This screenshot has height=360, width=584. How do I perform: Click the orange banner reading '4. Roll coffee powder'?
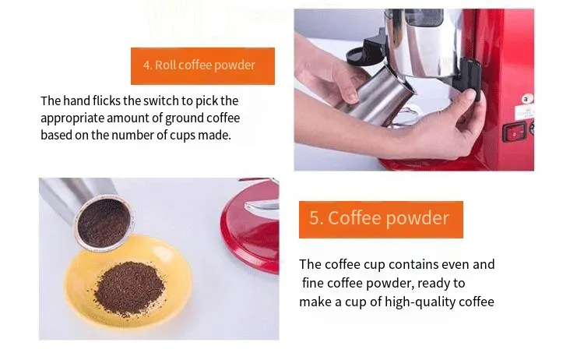[202, 66]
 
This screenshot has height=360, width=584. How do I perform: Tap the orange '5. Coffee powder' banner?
[381, 220]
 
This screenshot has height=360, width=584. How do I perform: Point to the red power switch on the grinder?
[514, 132]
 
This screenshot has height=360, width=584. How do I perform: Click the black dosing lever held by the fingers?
[469, 76]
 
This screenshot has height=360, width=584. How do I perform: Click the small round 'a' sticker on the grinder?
[526, 99]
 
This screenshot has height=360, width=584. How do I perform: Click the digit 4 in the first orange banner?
[146, 65]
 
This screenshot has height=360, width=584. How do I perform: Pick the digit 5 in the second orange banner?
[314, 218]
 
